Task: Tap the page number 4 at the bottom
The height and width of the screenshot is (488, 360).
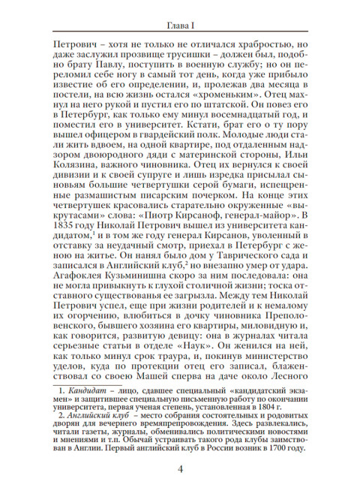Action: coord(180,469)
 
